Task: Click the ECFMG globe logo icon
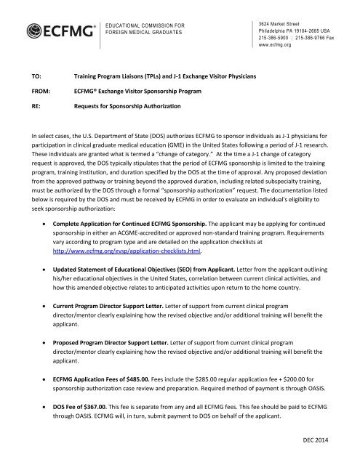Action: pyautogui.click(x=34, y=31)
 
